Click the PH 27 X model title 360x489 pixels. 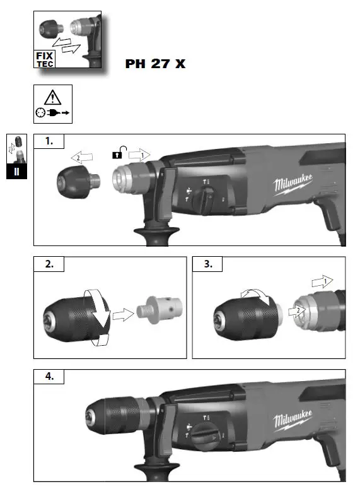[156, 64]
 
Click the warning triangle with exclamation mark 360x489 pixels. [52, 97]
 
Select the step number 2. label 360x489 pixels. [49, 265]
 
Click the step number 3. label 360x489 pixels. [207, 265]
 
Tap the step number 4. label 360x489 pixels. [49, 377]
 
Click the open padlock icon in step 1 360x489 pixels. [118, 152]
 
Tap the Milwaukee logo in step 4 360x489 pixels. [293, 422]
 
